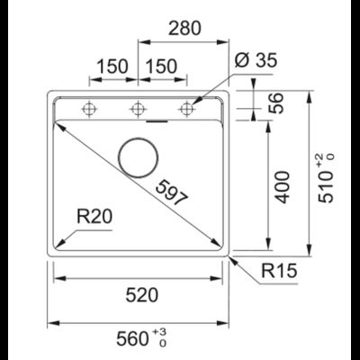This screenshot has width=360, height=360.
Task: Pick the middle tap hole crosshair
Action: point(137,110)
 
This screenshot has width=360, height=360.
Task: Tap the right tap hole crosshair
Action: point(186,110)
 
